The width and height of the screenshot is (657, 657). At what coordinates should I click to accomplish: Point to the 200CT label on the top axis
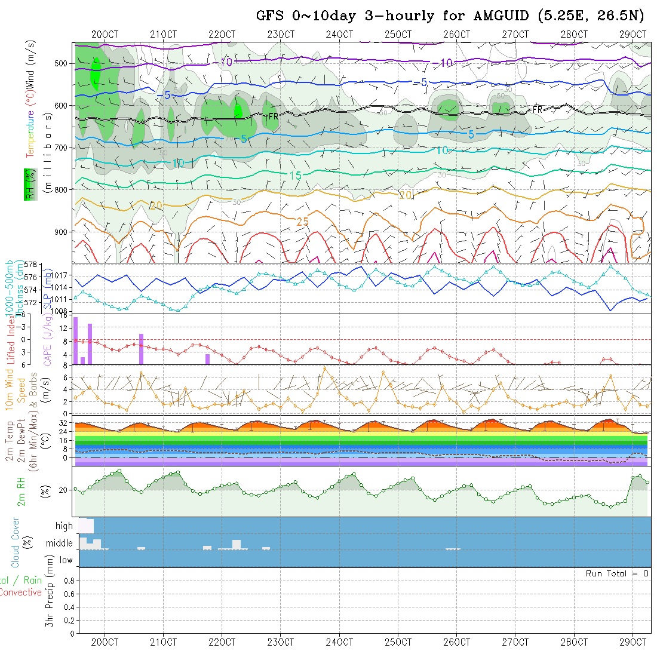[105, 35]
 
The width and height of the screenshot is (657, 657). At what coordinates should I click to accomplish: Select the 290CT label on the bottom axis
[633, 642]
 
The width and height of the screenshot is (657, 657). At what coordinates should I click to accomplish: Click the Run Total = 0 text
[617, 573]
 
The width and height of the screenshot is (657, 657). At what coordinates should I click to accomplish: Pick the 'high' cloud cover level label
[64, 526]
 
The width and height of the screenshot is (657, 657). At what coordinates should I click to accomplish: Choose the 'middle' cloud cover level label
[59, 544]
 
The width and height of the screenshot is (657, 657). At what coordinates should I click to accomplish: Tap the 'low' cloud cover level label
[66, 560]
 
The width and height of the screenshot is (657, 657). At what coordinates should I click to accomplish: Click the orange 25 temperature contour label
[303, 222]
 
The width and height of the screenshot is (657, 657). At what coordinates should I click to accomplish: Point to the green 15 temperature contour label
[295, 175]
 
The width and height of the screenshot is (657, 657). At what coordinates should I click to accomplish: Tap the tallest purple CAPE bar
[76, 340]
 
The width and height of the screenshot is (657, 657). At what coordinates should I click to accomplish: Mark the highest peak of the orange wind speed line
[325, 367]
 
